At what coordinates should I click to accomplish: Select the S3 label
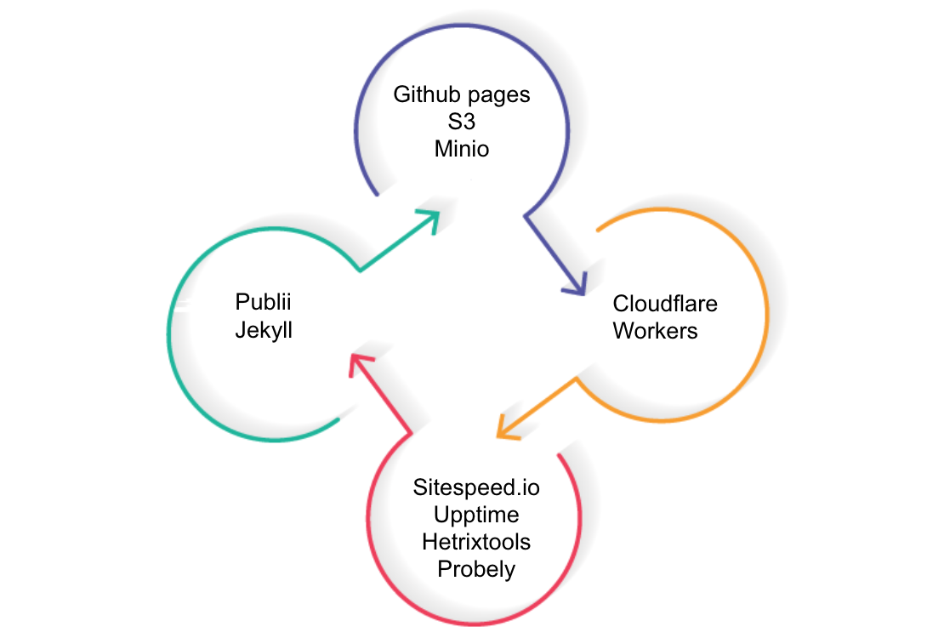(462, 122)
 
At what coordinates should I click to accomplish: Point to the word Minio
(462, 149)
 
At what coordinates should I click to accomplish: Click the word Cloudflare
(665, 304)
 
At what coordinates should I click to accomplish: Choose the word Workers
(655, 331)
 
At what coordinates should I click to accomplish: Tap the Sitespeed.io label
(476, 487)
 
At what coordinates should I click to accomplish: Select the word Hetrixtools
(476, 542)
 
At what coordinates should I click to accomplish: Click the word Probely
(476, 570)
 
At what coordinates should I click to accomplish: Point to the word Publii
(263, 301)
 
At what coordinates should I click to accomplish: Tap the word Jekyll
(264, 331)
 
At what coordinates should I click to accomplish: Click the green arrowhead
(429, 220)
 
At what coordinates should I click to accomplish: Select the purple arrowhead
(576, 284)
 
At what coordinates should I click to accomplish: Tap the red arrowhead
(360, 363)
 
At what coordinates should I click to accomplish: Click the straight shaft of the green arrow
(398, 242)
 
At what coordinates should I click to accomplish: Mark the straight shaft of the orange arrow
(537, 407)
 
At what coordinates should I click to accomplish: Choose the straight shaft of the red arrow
(382, 396)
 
